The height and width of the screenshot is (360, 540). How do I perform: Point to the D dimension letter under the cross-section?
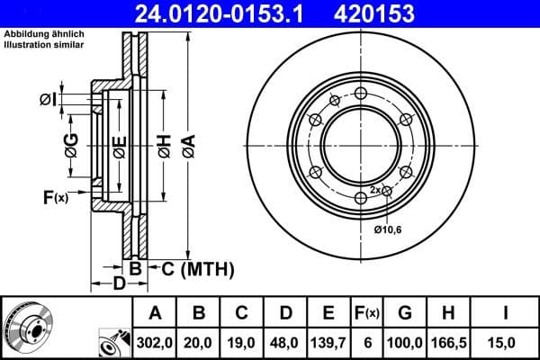(119, 285)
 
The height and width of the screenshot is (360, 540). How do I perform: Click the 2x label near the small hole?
(375, 190)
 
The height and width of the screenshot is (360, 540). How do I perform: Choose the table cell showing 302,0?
(155, 342)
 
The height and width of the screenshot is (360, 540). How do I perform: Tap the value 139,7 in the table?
(328, 342)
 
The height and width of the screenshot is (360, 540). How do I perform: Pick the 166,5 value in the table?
(449, 342)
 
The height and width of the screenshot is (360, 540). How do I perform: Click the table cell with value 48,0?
(285, 342)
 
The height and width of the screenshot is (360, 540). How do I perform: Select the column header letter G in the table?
(405, 313)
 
